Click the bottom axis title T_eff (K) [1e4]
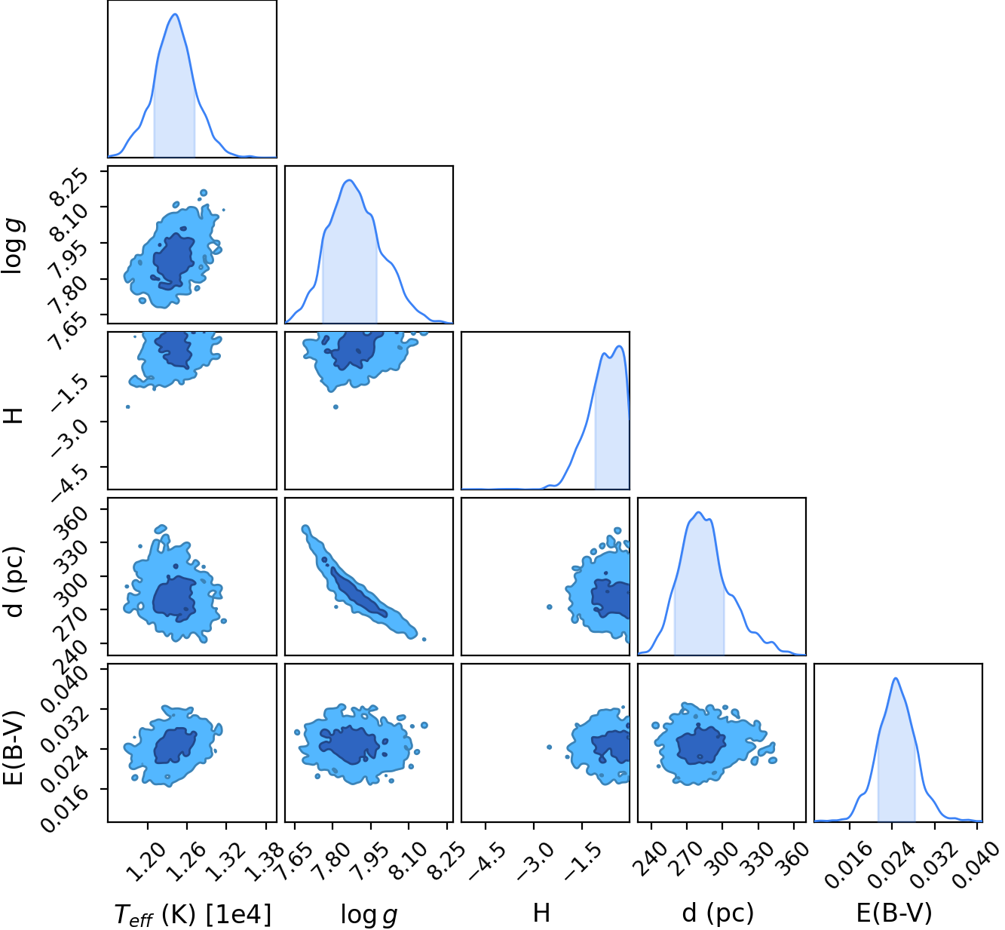(193, 914)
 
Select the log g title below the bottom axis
(369, 914)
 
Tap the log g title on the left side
(13, 246)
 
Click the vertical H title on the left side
(13, 416)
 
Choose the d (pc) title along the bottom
(718, 914)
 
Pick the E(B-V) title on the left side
(13, 747)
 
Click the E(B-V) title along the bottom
(894, 913)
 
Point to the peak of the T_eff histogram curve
(175, 14)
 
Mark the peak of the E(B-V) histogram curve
(896, 678)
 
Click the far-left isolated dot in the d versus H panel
(550, 606)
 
